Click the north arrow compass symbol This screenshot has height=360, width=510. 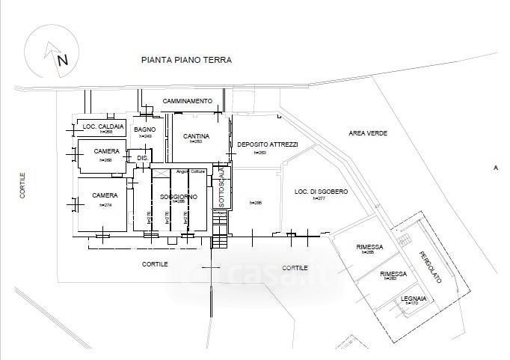49,53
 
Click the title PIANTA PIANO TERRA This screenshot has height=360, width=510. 186,60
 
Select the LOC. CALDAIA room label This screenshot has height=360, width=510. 103,126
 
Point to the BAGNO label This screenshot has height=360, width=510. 145,129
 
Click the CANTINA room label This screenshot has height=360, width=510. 197,135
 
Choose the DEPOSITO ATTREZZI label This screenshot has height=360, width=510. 267,144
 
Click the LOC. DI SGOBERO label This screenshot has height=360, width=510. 321,192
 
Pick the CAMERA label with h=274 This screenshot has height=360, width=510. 106,195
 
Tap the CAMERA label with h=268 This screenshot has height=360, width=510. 108,151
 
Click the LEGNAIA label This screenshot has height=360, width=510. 414,298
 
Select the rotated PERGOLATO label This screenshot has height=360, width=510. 430,265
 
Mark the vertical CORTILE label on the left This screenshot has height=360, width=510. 23,185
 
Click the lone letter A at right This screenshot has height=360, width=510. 495,168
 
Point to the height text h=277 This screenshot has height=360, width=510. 322,198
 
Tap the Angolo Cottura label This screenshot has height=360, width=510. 191,172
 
